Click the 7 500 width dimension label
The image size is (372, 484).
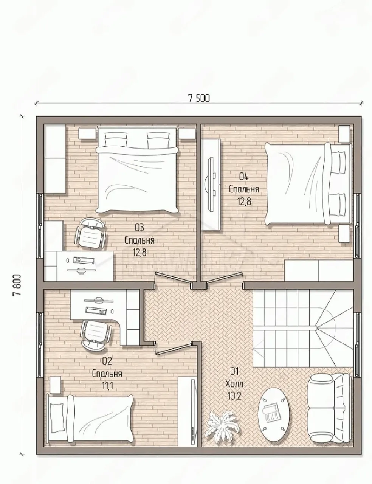[x=199, y=98]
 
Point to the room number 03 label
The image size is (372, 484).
[x=139, y=228]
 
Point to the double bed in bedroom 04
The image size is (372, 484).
[x=308, y=185]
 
